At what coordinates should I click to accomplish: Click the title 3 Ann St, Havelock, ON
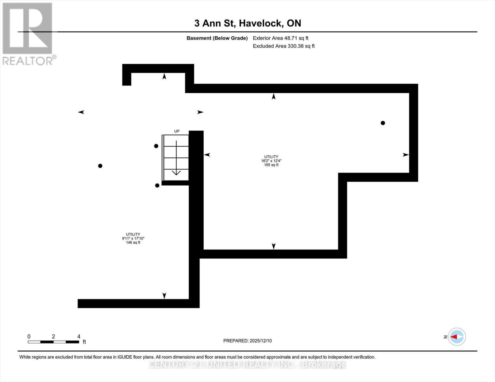tap(248, 23)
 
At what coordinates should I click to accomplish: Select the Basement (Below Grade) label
tap(217, 38)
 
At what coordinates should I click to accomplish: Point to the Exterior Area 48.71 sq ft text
tap(280, 38)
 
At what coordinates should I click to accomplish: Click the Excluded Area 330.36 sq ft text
tap(284, 46)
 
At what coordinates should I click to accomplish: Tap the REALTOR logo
tap(28, 34)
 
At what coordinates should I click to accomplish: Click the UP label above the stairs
tap(177, 131)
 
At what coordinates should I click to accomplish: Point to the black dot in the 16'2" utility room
tap(383, 123)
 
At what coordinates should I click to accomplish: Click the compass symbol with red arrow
tap(457, 337)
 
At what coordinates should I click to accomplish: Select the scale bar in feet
tap(53, 342)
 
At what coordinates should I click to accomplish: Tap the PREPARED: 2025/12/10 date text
tap(247, 341)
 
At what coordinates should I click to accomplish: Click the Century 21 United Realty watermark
tap(247, 364)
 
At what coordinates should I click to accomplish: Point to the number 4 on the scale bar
tap(79, 336)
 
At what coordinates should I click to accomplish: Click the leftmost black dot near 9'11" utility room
tap(100, 166)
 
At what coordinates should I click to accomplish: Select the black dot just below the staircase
tap(157, 186)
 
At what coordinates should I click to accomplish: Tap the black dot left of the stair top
tap(156, 146)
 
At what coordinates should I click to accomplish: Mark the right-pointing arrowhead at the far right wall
tap(405, 155)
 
